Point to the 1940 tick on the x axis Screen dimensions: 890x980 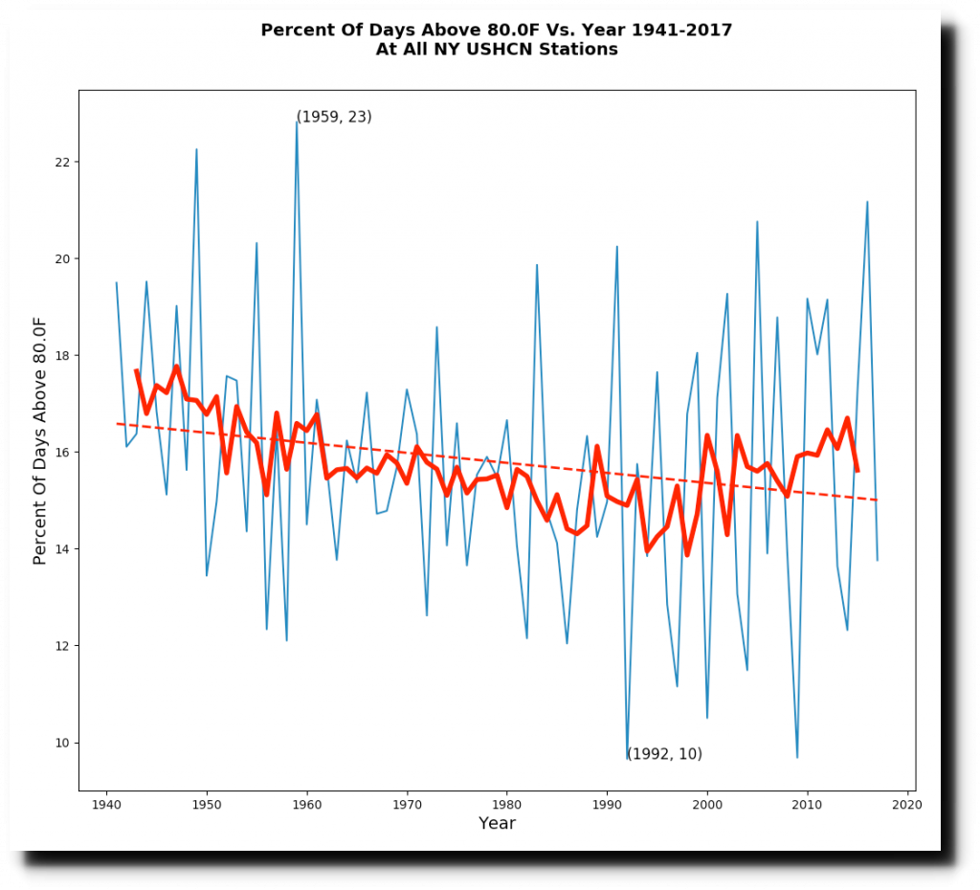pos(106,791)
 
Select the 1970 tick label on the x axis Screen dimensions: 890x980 pos(407,805)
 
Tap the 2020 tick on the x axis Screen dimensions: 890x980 pos(907,791)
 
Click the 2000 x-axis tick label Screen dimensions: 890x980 pos(707,805)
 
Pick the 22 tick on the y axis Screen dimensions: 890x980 pos(78,162)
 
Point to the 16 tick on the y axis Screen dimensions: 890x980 pos(78,452)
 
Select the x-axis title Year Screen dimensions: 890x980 pos(497,823)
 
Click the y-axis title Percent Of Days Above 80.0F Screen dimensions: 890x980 pos(40,440)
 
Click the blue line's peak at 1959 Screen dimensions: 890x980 pos(297,120)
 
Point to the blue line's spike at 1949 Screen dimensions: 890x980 pos(196,149)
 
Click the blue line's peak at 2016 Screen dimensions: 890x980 pos(867,202)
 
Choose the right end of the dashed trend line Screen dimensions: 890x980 pos(878,500)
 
